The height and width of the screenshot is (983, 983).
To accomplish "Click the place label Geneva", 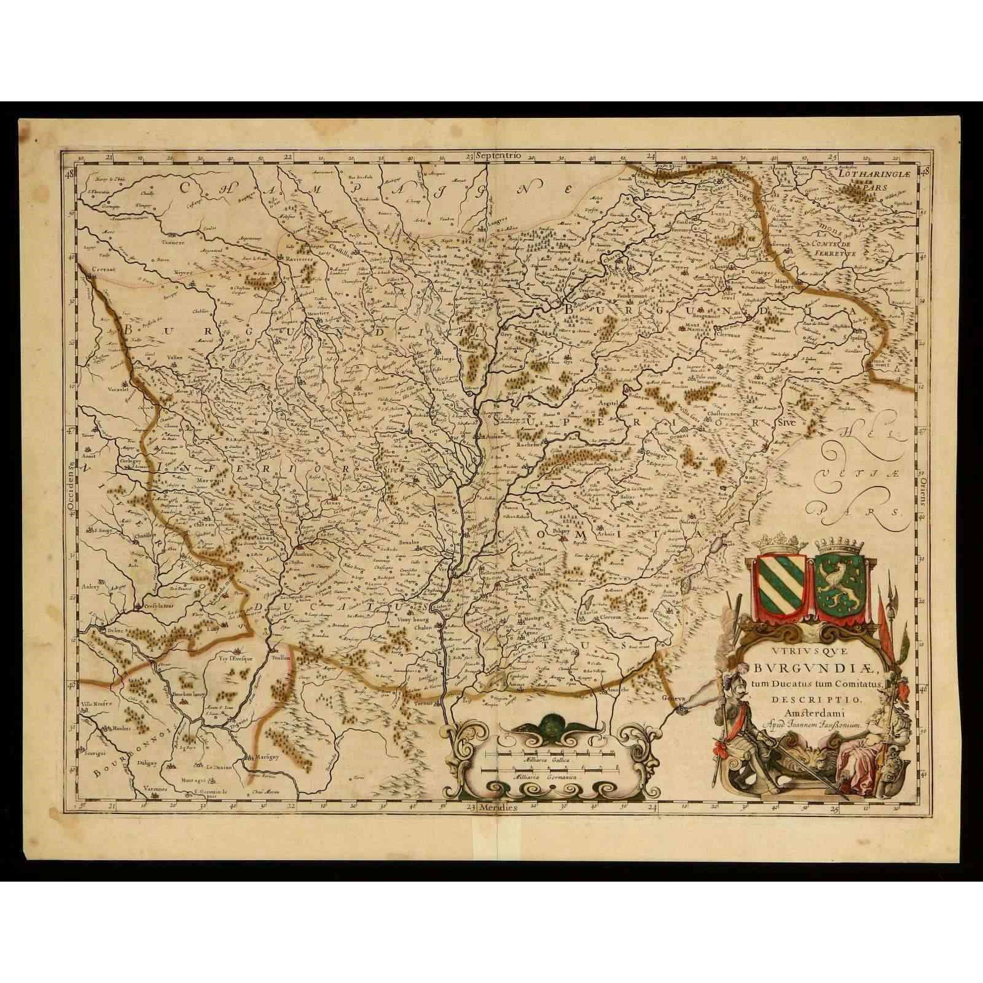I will pyautogui.click(x=673, y=699).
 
